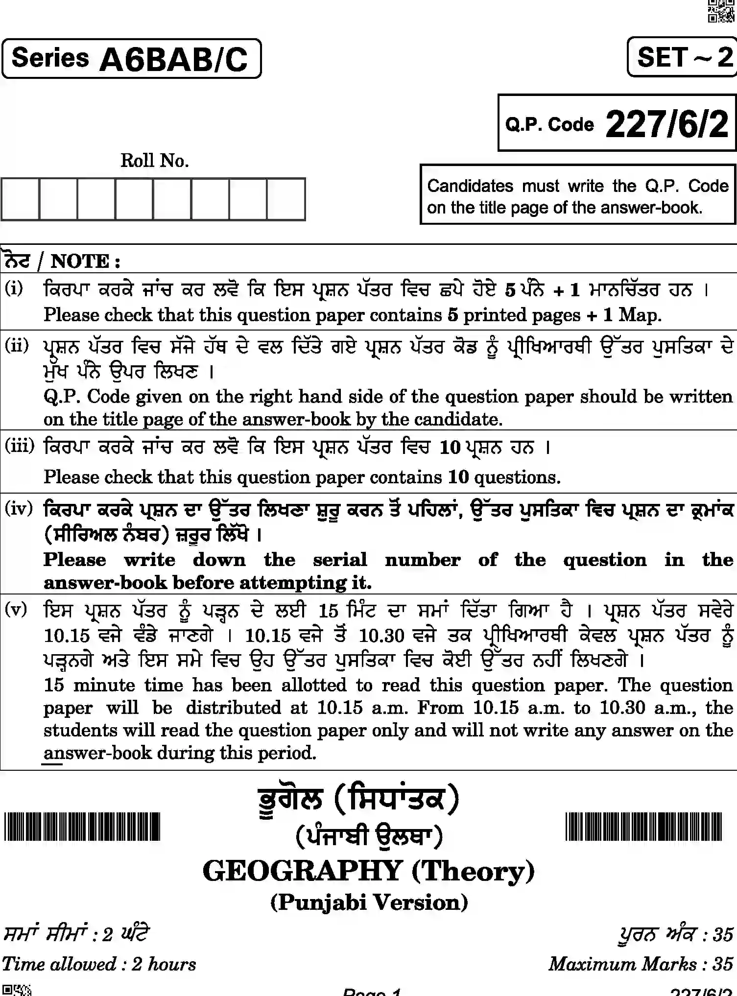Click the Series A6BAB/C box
(x=131, y=59)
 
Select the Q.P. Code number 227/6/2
(x=667, y=124)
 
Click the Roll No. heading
(x=155, y=161)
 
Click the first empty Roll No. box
(x=20, y=199)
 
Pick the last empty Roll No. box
(x=286, y=199)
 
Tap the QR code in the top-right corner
(x=721, y=11)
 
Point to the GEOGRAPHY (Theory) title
(x=369, y=872)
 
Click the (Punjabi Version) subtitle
(x=369, y=902)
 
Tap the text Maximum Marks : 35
(x=641, y=964)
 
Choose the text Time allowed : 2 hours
(x=99, y=964)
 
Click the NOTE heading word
(x=81, y=261)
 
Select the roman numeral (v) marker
(x=16, y=610)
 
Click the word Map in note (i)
(x=639, y=315)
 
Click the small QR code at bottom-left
(x=16, y=990)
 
